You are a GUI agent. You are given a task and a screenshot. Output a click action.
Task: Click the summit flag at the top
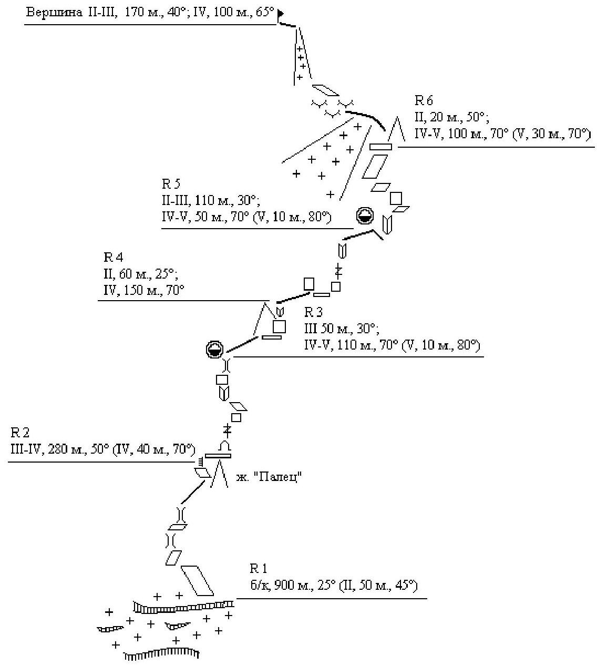281,13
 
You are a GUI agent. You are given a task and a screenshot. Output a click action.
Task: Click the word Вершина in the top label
53,13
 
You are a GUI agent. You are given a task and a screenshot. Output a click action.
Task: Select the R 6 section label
424,100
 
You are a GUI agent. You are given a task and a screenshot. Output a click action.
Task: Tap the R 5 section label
171,183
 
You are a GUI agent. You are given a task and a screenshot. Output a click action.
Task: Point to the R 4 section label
114,257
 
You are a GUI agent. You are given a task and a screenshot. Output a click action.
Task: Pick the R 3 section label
313,313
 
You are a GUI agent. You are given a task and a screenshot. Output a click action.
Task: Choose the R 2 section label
20,433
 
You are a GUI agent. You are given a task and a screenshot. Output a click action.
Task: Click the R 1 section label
259,568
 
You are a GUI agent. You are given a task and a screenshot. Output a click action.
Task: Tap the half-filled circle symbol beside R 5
365,216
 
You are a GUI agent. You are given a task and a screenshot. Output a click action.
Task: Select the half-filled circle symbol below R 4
214,349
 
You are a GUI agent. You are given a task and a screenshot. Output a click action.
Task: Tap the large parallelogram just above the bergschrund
197,580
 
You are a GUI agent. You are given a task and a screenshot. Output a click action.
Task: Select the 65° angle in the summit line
267,13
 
